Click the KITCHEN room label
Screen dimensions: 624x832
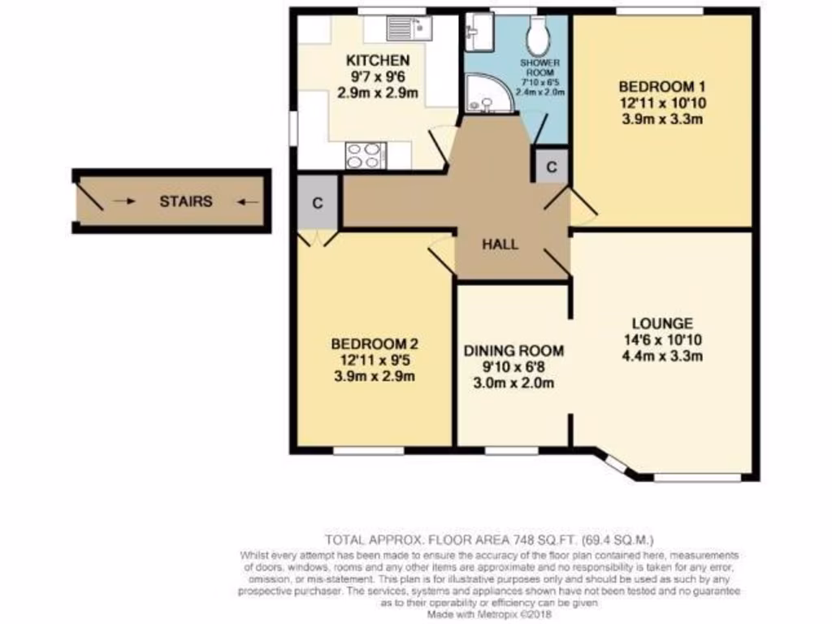378,61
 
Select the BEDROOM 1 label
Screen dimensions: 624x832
660,87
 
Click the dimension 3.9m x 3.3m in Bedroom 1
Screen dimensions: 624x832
660,118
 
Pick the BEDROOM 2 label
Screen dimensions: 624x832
375,344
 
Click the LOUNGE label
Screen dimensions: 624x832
661,323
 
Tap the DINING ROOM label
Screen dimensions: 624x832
513,351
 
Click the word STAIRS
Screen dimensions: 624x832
185,201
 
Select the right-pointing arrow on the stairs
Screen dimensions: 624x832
125,201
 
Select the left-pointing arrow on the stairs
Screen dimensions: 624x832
249,201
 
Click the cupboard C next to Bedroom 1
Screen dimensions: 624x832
552,168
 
